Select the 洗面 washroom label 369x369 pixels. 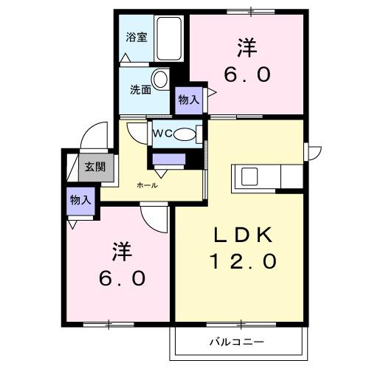point(141,90)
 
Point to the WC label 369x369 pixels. point(163,134)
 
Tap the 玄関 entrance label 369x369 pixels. point(94,167)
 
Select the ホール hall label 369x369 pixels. point(146,185)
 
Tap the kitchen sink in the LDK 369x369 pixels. point(246,177)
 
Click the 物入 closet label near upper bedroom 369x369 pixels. point(188,99)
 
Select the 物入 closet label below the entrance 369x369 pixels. point(80,200)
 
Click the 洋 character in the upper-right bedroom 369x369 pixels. point(246,49)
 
